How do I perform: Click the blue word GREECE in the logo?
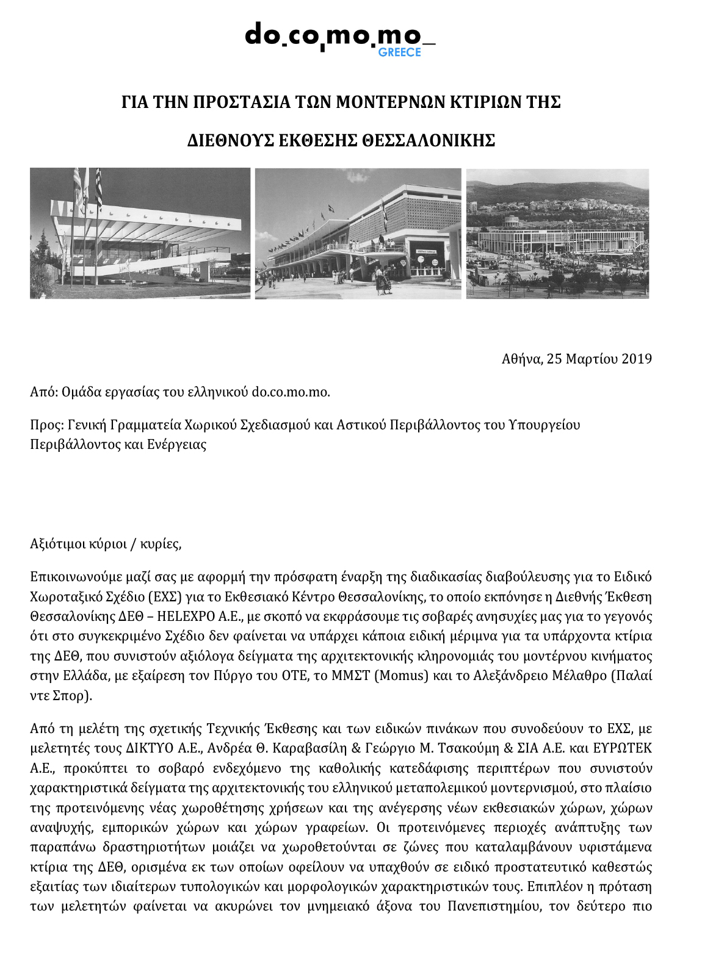point(399,52)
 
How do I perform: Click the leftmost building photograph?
point(140,234)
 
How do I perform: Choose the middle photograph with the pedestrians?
point(358,234)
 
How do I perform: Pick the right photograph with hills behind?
point(557,234)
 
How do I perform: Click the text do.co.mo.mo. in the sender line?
point(291,392)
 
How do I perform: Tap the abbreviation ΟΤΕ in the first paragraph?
point(294,676)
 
